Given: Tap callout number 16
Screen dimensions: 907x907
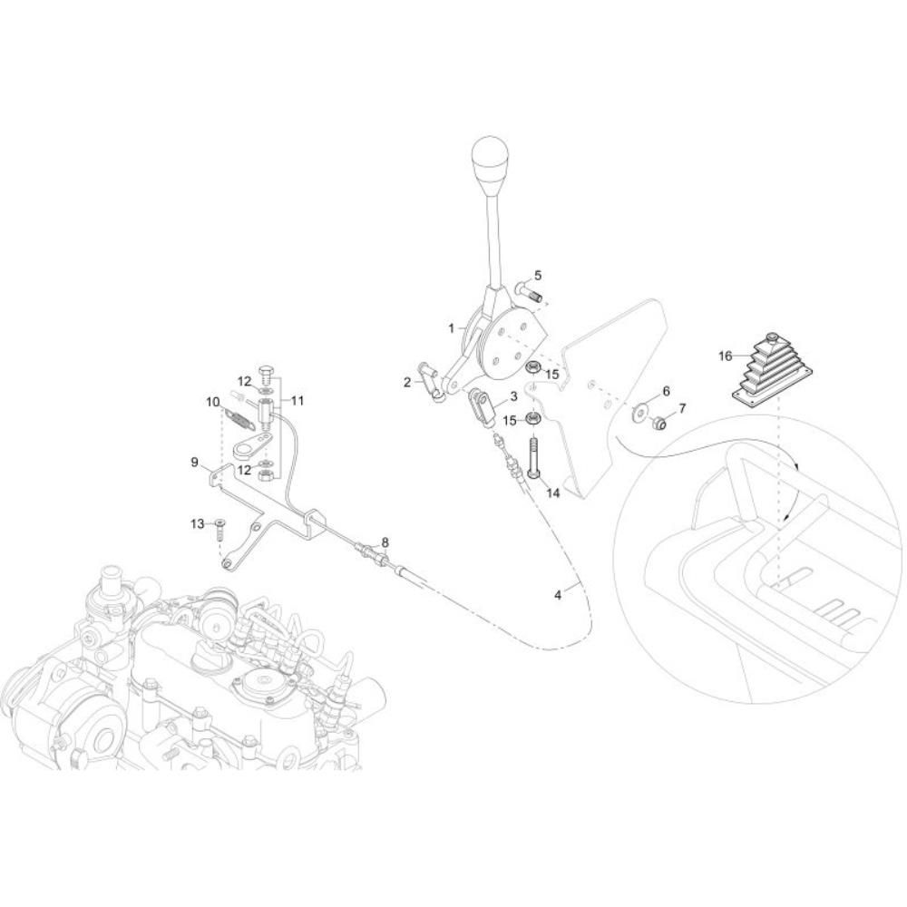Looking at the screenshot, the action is [x=725, y=356].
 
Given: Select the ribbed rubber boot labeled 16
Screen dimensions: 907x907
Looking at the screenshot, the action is [x=772, y=366].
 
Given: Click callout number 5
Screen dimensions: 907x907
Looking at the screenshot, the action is [x=538, y=276].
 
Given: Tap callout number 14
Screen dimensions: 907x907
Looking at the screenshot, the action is [x=553, y=493].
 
